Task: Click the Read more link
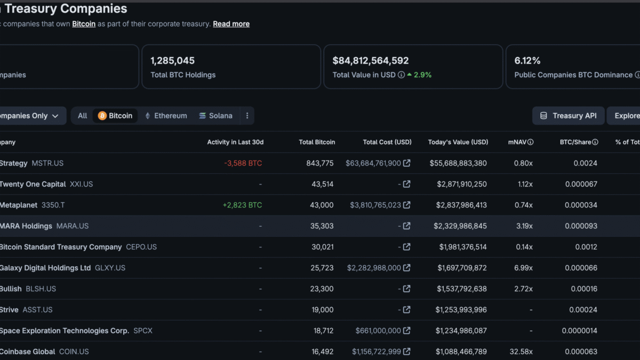[x=231, y=23]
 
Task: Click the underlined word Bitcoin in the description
[x=84, y=23]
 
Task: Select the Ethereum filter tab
[x=166, y=116]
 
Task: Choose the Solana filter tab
[x=215, y=116]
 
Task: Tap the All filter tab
[x=82, y=116]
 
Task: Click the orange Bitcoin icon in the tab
[x=102, y=116]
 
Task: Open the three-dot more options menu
[x=247, y=116]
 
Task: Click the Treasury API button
[x=569, y=116]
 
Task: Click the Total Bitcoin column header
[x=317, y=142]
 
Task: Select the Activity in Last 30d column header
[x=235, y=142]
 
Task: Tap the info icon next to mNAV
[x=530, y=142]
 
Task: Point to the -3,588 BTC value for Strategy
[x=243, y=163]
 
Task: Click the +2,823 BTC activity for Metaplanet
[x=242, y=205]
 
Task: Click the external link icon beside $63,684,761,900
[x=407, y=163]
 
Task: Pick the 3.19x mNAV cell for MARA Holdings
[x=524, y=226]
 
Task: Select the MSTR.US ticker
[x=47, y=163]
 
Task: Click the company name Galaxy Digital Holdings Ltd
[x=45, y=268]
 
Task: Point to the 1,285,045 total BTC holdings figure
[x=173, y=61]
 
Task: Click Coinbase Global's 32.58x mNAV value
[x=521, y=351]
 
